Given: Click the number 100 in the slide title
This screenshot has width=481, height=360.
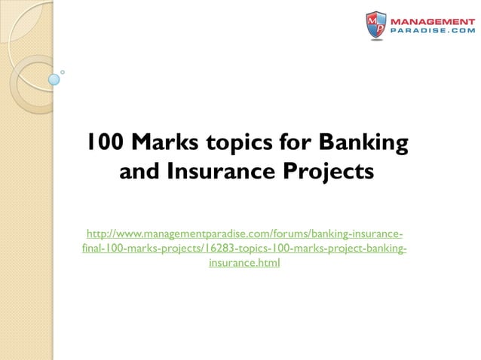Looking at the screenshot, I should [x=102, y=142].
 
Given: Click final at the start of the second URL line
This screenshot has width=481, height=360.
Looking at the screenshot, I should [x=92, y=248].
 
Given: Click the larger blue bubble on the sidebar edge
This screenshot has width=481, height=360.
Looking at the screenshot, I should [x=54, y=78].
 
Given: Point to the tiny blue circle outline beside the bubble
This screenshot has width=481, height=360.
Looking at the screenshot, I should [x=63, y=72].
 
